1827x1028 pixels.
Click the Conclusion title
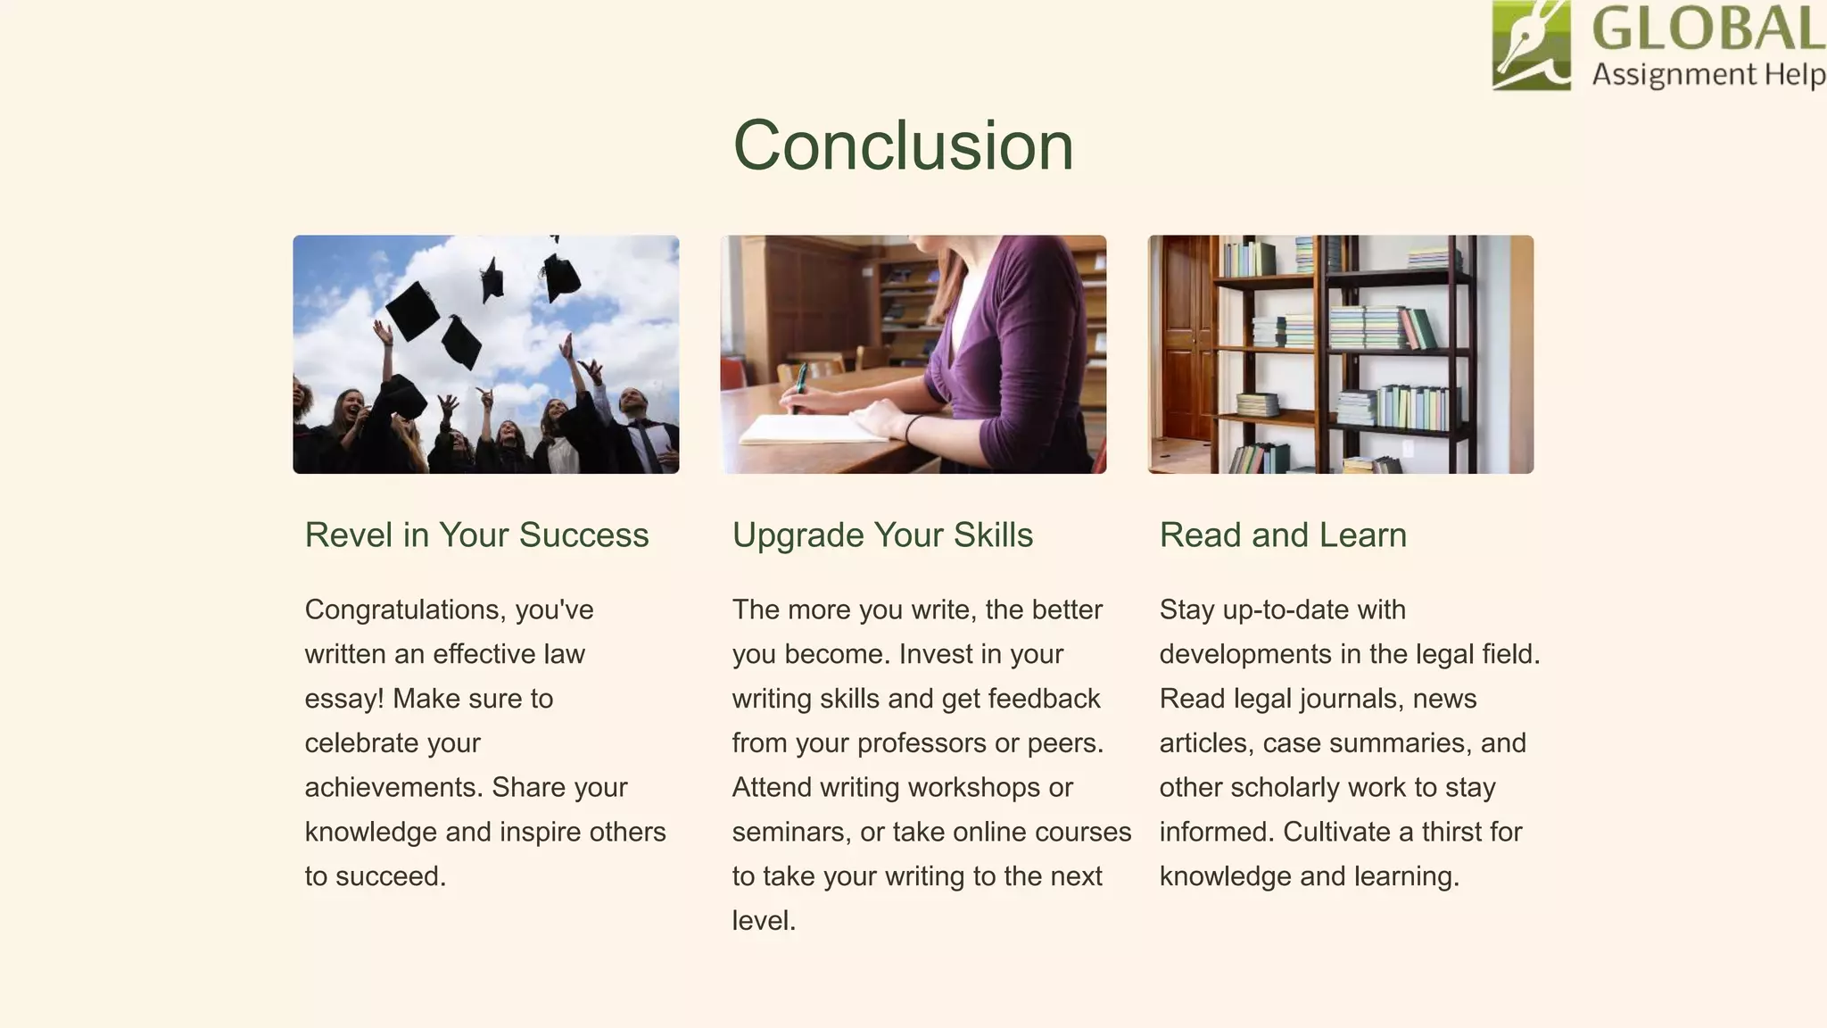903,145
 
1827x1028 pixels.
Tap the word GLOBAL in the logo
1707,29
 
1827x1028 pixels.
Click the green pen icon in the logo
1531,45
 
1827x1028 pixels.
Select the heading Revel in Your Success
476,535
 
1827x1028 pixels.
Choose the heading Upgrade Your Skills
882,535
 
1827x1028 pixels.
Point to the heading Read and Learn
1283,535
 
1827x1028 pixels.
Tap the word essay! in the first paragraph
344,699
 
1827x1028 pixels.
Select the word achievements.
393,788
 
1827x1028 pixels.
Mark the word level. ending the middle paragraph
764,921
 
